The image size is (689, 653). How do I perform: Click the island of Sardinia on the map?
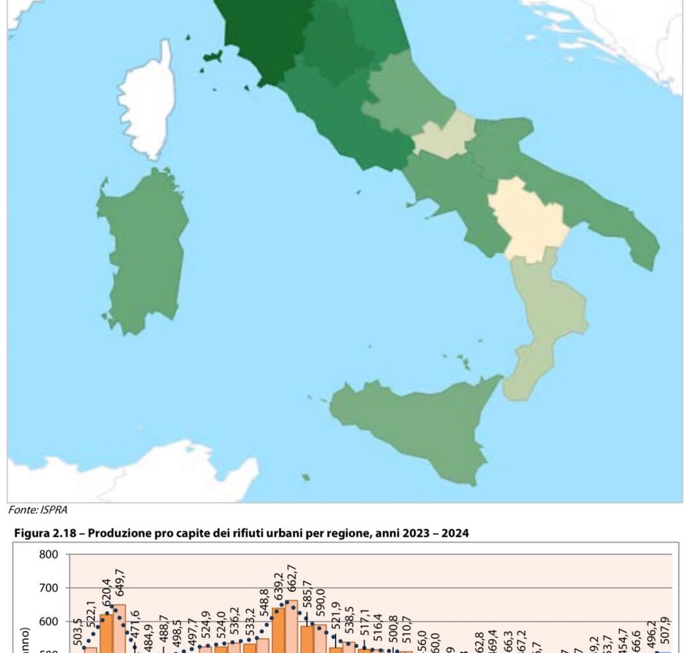click(144, 249)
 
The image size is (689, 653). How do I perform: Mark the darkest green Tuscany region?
click(262, 32)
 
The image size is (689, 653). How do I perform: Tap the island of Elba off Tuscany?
click(212, 57)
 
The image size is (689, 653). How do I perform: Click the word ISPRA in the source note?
click(55, 510)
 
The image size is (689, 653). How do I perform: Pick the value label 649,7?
click(119, 587)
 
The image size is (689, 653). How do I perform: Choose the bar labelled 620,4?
click(107, 635)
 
